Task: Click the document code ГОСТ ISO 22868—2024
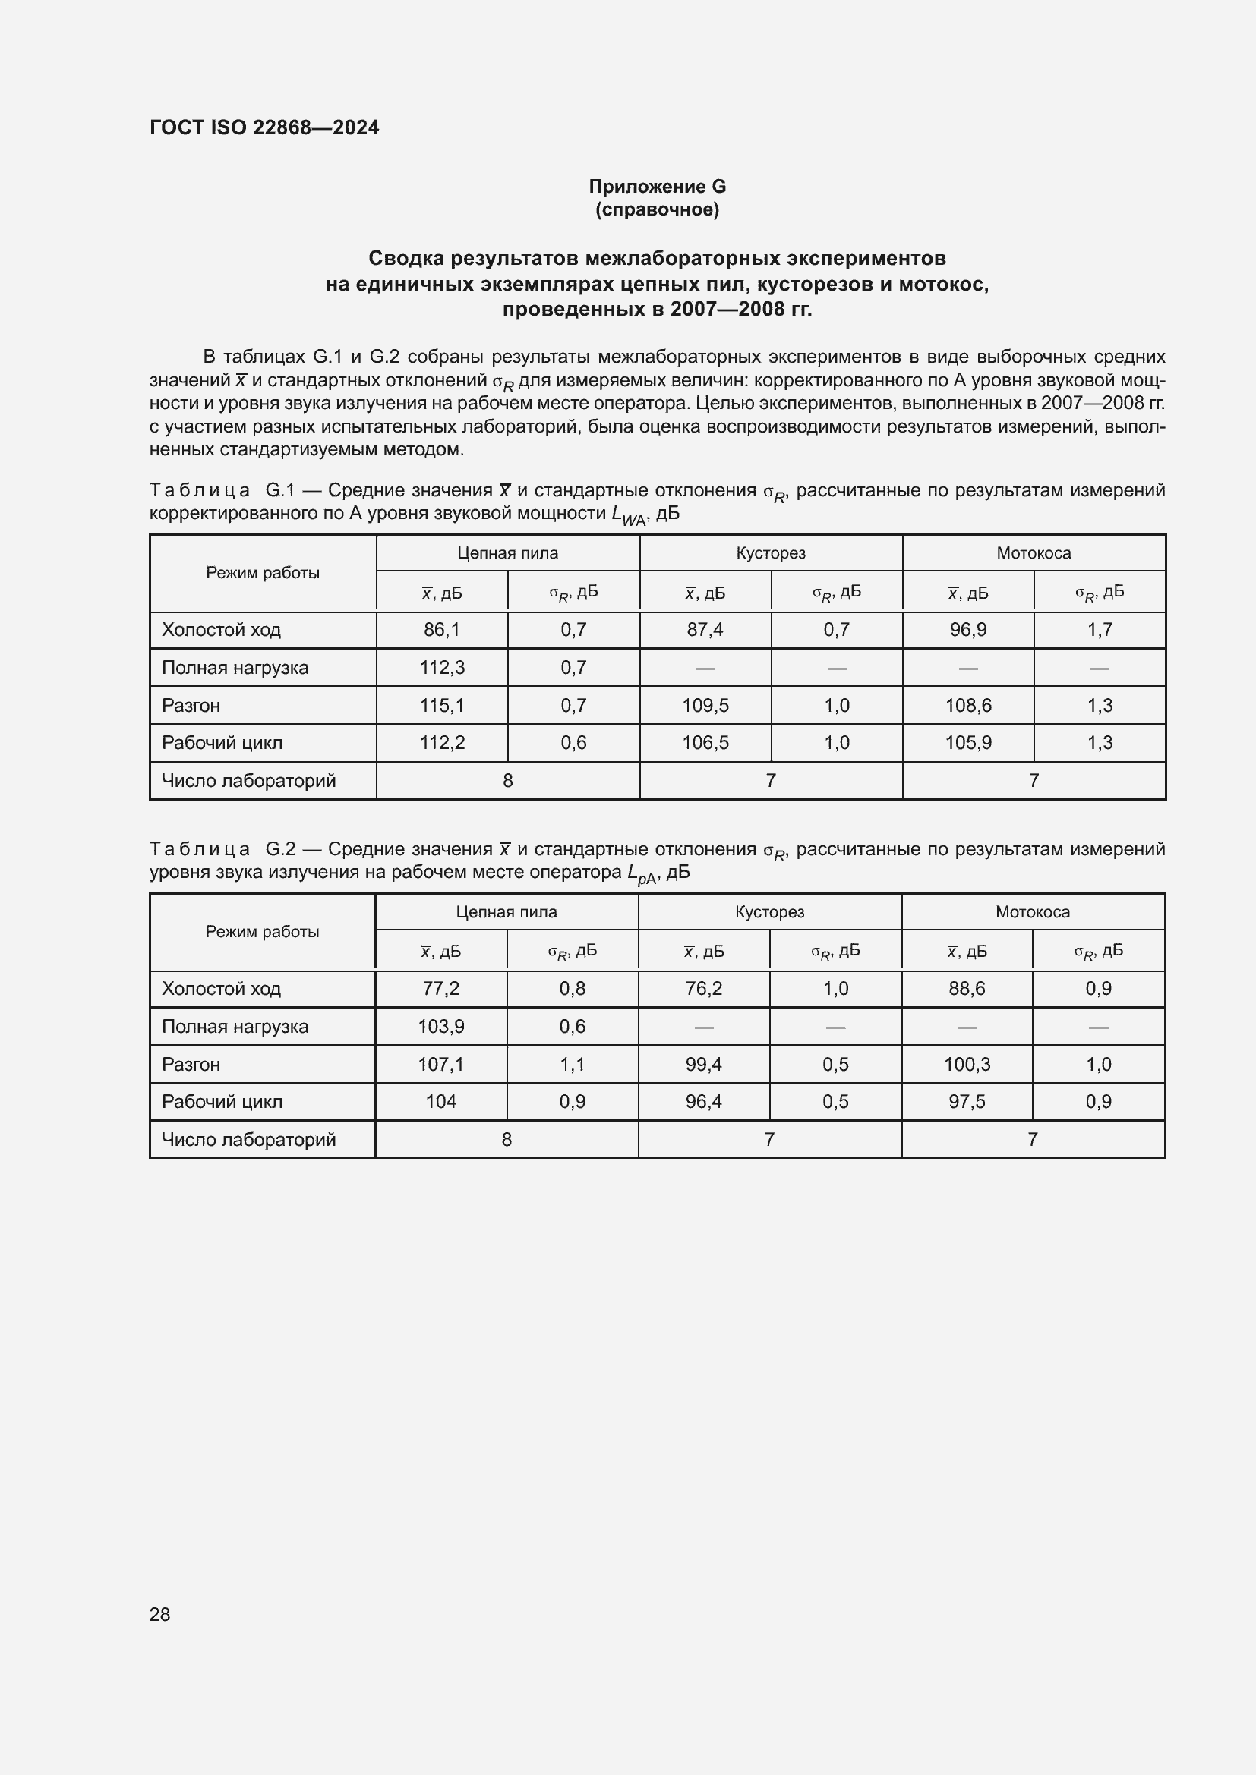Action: tap(264, 127)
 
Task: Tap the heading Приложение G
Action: tap(657, 187)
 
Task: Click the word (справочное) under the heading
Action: tap(657, 209)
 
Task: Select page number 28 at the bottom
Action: tap(159, 1614)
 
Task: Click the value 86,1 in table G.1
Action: tap(442, 629)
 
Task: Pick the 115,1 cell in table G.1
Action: tap(442, 705)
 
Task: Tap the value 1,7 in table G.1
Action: tap(1099, 629)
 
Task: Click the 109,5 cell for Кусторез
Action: tap(705, 705)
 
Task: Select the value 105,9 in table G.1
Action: tap(967, 742)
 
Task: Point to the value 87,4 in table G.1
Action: tap(705, 629)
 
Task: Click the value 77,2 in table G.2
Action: tap(441, 988)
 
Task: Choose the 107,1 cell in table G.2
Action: tap(441, 1064)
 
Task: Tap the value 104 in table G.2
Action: tap(441, 1101)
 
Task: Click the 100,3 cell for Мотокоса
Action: tap(967, 1064)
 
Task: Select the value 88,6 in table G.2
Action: tap(967, 988)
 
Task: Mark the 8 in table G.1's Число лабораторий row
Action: tap(507, 780)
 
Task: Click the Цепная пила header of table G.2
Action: tap(507, 911)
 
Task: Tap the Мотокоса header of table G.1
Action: tap(1034, 552)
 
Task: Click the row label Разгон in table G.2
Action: tap(191, 1064)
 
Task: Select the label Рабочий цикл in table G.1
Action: tap(222, 742)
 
